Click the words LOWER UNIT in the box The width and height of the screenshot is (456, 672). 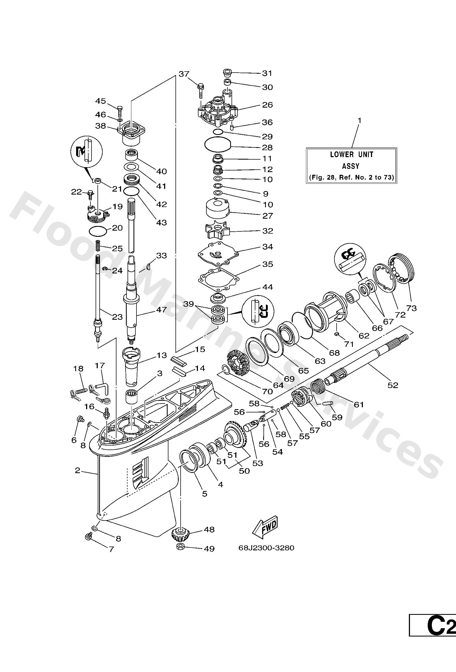click(x=351, y=155)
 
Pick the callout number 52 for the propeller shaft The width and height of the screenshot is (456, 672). click(x=393, y=385)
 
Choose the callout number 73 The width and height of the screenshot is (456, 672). click(x=412, y=308)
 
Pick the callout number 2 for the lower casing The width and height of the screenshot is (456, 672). click(x=77, y=470)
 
